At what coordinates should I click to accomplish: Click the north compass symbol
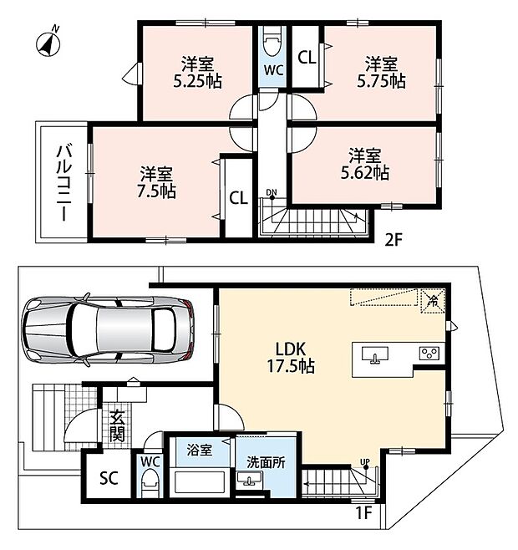[x=48, y=43]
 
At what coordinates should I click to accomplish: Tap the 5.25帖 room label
[x=198, y=73]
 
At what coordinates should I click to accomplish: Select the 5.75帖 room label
[x=382, y=73]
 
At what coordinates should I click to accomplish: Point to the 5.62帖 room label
[x=365, y=164]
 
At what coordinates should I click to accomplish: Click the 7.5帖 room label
[x=156, y=183]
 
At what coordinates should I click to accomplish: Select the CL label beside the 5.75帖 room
[x=307, y=58]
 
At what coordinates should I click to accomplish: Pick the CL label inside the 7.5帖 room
[x=238, y=198]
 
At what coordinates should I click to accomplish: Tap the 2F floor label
[x=394, y=240]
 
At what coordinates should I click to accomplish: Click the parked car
[x=108, y=329]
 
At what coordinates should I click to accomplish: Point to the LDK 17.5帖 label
[x=291, y=358]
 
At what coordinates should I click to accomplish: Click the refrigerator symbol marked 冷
[x=434, y=301]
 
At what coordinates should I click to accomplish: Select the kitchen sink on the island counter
[x=375, y=354]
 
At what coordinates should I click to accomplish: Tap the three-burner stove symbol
[x=429, y=353]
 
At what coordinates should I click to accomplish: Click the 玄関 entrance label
[x=117, y=425]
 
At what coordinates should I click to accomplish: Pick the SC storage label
[x=109, y=478]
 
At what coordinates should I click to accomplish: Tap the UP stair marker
[x=365, y=463]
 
